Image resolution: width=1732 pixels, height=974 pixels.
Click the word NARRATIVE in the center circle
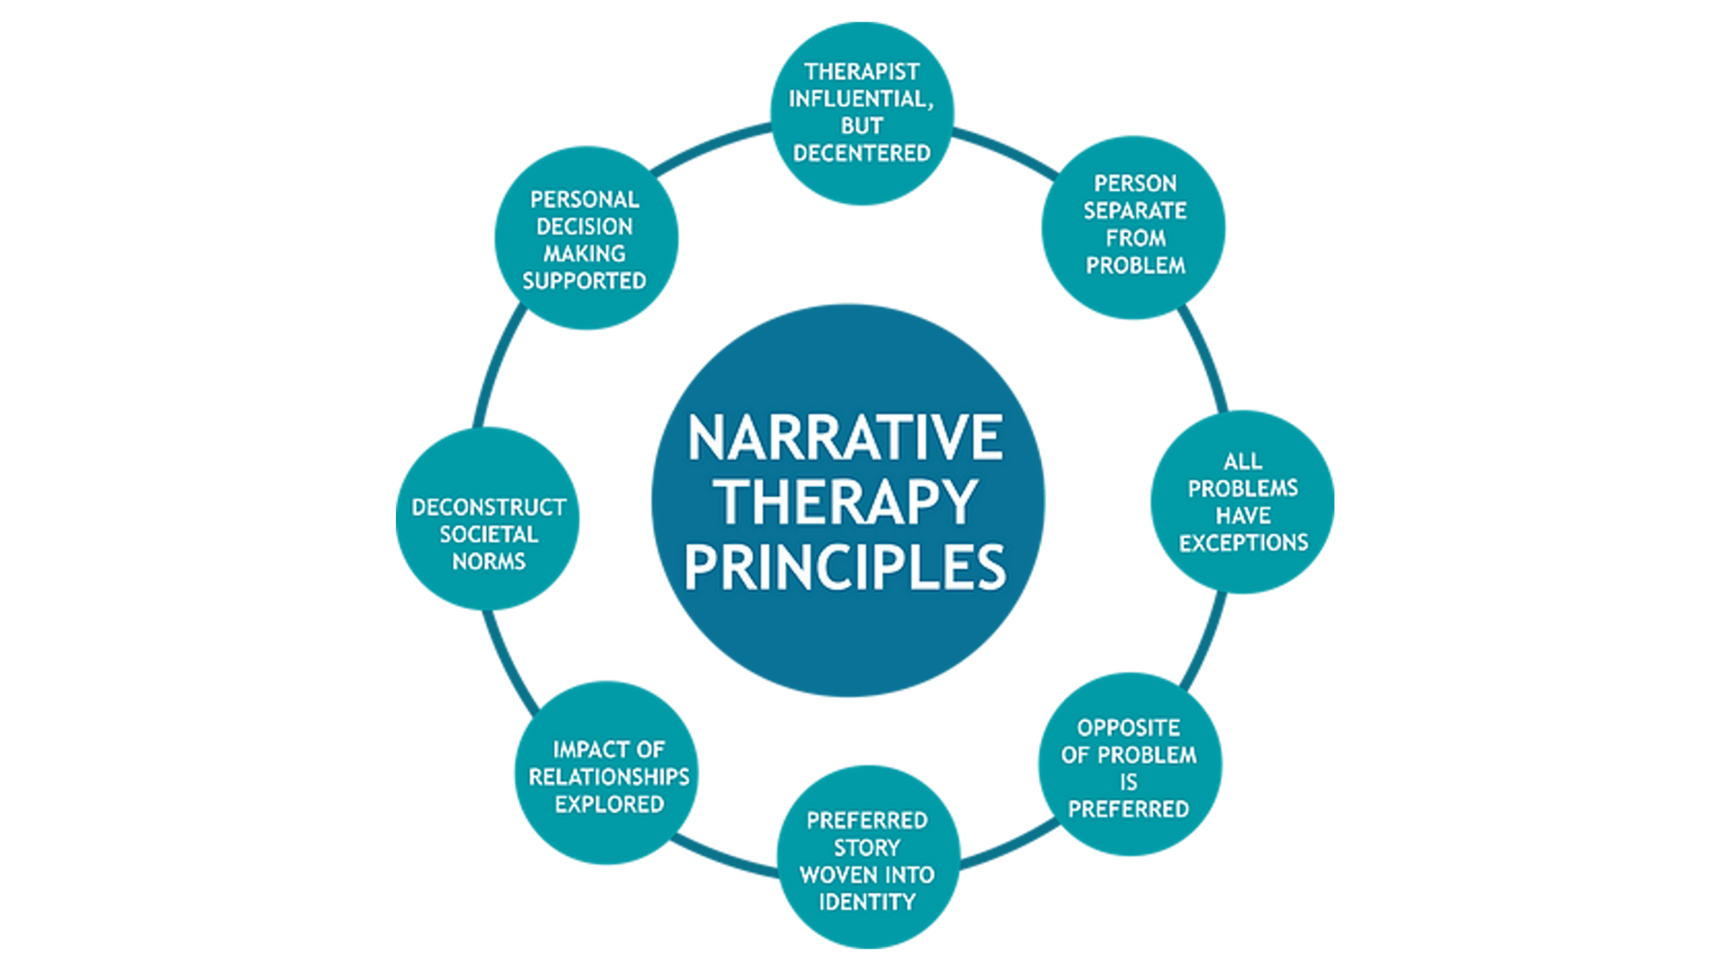[844, 438]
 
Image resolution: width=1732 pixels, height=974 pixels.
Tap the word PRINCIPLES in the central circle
[844, 566]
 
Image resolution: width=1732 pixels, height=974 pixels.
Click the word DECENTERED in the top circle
[861, 153]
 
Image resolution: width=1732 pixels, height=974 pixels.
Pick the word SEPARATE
[1135, 211]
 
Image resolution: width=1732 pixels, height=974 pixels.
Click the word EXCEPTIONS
[1243, 543]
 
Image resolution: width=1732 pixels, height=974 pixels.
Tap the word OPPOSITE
[1129, 728]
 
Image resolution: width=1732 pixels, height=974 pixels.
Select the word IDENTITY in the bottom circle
[867, 902]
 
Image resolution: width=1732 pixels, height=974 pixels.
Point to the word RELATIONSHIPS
[609, 776]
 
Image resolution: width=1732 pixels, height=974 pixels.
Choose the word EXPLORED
[609, 804]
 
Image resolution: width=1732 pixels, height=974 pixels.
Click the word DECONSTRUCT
[489, 507]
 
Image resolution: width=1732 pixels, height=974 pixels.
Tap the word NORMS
[489, 562]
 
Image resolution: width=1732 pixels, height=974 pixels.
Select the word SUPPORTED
[585, 281]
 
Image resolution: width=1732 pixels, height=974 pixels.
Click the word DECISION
[585, 226]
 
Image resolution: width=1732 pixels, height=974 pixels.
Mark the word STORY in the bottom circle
[867, 848]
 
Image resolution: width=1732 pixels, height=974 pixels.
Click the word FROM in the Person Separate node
[1136, 238]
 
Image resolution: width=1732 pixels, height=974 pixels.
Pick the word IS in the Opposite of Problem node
[1129, 782]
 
